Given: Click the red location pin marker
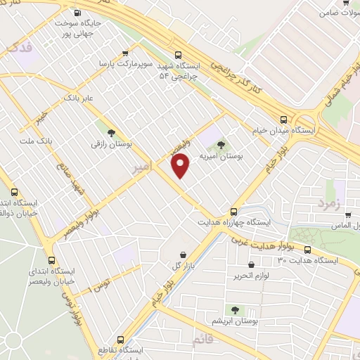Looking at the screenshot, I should coord(181,165).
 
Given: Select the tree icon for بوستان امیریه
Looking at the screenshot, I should coord(222,146).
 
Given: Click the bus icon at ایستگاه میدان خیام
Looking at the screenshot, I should coord(283,120).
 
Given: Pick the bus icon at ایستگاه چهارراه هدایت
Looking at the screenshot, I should coord(234,211).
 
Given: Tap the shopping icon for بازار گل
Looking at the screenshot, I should coord(184,255).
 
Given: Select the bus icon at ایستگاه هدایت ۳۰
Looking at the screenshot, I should coord(308,250).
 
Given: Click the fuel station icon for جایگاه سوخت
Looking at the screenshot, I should coord(77,13).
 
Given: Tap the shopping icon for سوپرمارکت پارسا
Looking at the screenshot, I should coord(126,52).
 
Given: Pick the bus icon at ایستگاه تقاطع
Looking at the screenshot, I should coord(120,339).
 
